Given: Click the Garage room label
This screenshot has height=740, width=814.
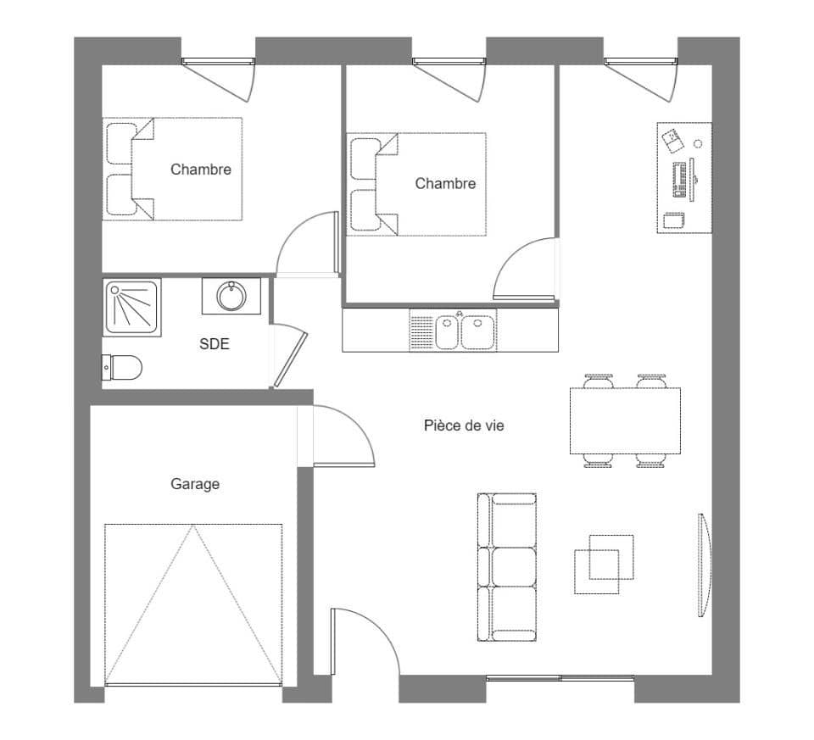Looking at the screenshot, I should pos(195,484).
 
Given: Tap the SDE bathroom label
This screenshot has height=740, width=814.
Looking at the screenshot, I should pos(214,344).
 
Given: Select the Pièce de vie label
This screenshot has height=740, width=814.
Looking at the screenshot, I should pos(464,426).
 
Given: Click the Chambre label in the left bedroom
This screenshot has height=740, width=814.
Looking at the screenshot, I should pos(200,170).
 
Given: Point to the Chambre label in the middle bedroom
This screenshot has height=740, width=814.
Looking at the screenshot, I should pos(445,184).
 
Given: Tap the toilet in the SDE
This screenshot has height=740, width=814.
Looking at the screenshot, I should pos(122,368).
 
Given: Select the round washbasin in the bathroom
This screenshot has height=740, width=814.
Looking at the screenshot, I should pos(231,297).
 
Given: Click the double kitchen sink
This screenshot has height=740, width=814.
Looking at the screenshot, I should pos(464,331).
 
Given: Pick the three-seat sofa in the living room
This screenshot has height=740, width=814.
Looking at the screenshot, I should pos(507,566).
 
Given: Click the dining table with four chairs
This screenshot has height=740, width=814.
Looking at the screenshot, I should pos(625,421).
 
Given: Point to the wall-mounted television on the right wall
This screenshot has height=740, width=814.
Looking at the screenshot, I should pos(704,565).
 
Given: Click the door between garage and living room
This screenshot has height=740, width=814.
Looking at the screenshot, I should pos(339,437).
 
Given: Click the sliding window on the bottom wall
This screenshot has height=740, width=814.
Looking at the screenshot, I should pos(560,677).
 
